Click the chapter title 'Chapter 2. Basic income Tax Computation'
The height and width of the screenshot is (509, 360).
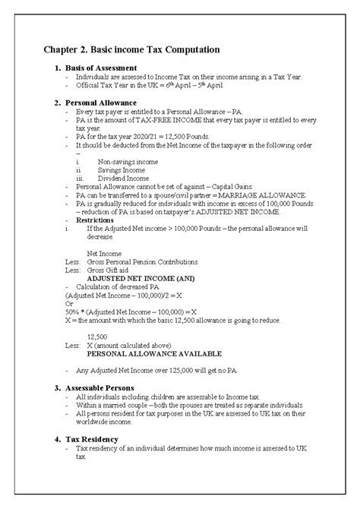click(x=131, y=49)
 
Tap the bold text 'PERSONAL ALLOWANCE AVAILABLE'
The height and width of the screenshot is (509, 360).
click(x=154, y=354)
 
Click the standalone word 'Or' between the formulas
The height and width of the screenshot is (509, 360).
click(x=69, y=303)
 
